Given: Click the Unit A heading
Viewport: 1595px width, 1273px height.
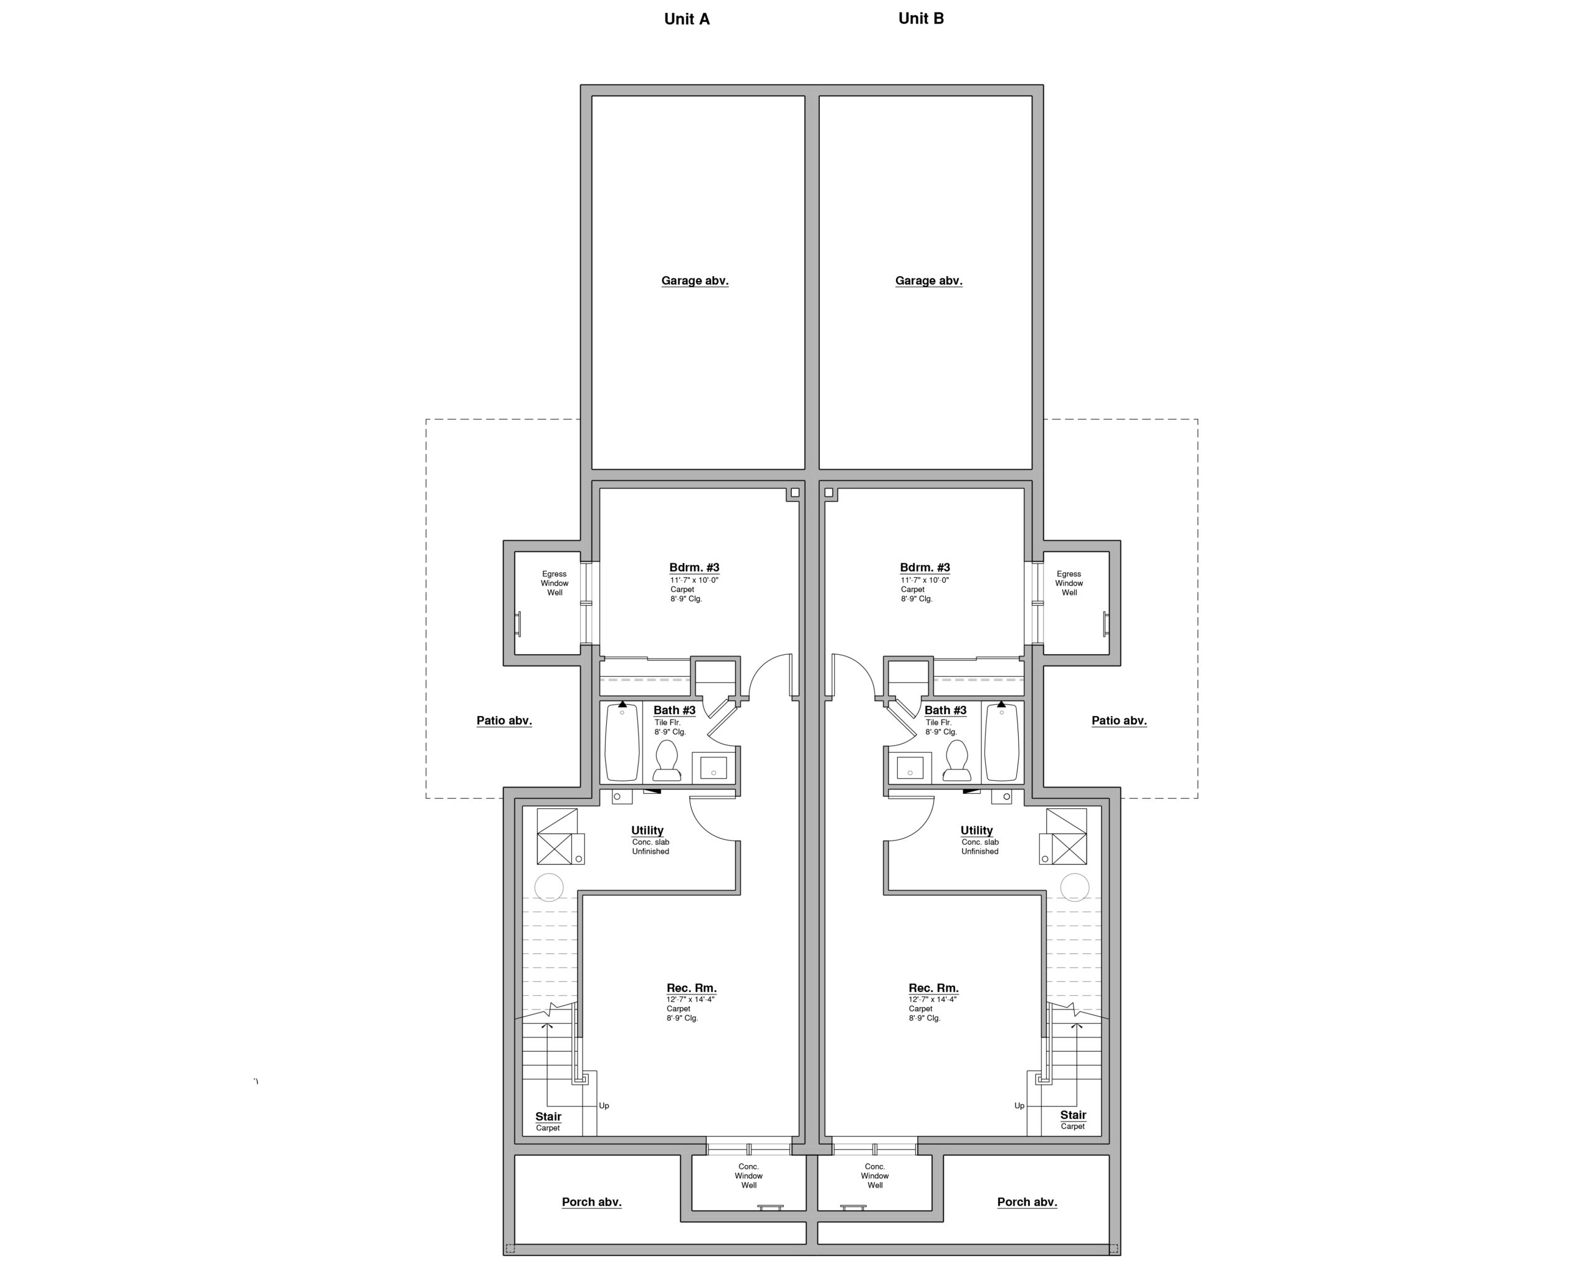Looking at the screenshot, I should (x=687, y=19).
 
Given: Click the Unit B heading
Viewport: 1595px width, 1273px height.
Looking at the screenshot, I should (x=920, y=19).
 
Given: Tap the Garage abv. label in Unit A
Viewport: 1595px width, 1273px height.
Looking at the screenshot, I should (x=694, y=280).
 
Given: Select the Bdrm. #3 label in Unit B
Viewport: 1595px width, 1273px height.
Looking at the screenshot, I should (x=924, y=568).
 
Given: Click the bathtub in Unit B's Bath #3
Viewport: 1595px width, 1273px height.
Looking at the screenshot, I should (x=1002, y=743).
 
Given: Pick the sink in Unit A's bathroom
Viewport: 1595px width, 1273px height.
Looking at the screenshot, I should (x=713, y=767).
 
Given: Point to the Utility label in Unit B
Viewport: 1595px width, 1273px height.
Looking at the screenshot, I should (x=976, y=830).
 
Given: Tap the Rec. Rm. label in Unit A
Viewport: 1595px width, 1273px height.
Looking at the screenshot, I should (x=691, y=988).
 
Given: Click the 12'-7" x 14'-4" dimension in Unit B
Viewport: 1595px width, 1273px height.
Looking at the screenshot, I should (x=932, y=999).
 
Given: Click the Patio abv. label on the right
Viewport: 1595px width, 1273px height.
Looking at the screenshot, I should (x=1118, y=720).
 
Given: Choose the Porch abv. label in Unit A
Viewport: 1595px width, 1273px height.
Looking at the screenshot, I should (x=591, y=1202).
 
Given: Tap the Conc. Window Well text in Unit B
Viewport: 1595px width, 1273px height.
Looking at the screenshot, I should (x=874, y=1175).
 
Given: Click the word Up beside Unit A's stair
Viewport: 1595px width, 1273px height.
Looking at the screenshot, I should (x=604, y=1106).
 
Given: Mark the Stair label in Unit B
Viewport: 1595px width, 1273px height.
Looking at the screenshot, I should (x=1072, y=1115).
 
